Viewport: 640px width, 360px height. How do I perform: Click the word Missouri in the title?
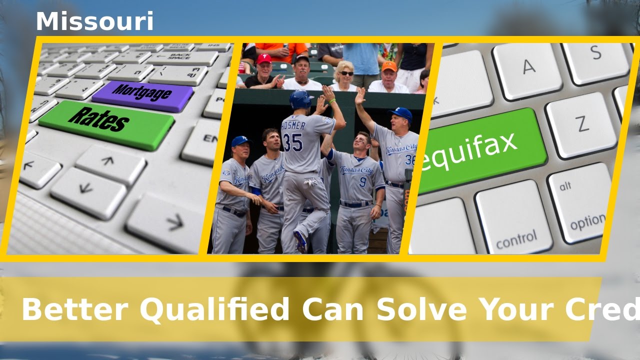(x=94, y=22)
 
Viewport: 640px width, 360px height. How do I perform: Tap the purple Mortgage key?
(x=142, y=95)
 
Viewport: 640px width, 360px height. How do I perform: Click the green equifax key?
(x=477, y=149)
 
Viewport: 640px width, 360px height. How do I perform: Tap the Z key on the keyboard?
(x=581, y=123)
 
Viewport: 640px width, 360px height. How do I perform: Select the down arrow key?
(x=88, y=193)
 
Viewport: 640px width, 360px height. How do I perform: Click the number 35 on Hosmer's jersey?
(x=293, y=142)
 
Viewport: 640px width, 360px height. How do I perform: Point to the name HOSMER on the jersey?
(x=293, y=125)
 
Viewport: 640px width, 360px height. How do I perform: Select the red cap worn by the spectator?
(x=264, y=59)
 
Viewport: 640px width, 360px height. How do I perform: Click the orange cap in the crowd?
(x=389, y=66)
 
